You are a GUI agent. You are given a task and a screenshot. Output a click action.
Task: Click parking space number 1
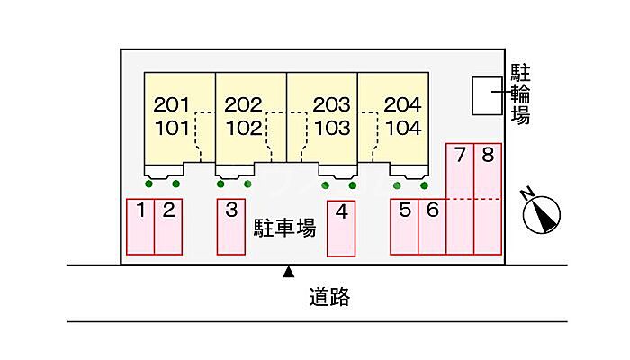(x=140, y=227)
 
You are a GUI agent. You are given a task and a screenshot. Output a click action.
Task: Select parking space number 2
(x=168, y=227)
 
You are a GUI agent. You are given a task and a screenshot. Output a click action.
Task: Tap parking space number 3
(x=231, y=227)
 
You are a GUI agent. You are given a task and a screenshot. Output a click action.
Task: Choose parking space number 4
(x=341, y=229)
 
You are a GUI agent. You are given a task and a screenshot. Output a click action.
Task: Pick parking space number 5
(x=404, y=227)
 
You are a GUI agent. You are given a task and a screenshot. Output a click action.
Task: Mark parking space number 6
(x=432, y=227)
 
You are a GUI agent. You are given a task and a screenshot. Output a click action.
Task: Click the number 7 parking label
(x=460, y=155)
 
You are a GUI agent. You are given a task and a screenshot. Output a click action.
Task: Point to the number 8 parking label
(x=488, y=155)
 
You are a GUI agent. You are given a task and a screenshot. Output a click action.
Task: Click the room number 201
(x=172, y=105)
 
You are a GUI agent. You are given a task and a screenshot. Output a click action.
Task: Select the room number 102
(x=244, y=128)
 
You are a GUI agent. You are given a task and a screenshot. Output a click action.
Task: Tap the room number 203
(x=331, y=105)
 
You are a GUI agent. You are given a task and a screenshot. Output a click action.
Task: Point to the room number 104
(x=403, y=128)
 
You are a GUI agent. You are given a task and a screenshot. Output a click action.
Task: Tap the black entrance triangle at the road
(x=288, y=272)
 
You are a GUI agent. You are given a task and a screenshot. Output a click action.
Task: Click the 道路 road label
(x=329, y=297)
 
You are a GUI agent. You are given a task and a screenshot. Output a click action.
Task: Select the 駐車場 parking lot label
(x=284, y=229)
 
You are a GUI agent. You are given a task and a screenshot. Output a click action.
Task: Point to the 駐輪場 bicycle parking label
(x=520, y=94)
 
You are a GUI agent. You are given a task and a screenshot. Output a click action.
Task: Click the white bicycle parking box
(x=487, y=96)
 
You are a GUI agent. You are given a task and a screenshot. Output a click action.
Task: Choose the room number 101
(x=172, y=128)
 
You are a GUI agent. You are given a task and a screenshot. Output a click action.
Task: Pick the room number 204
(x=402, y=105)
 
